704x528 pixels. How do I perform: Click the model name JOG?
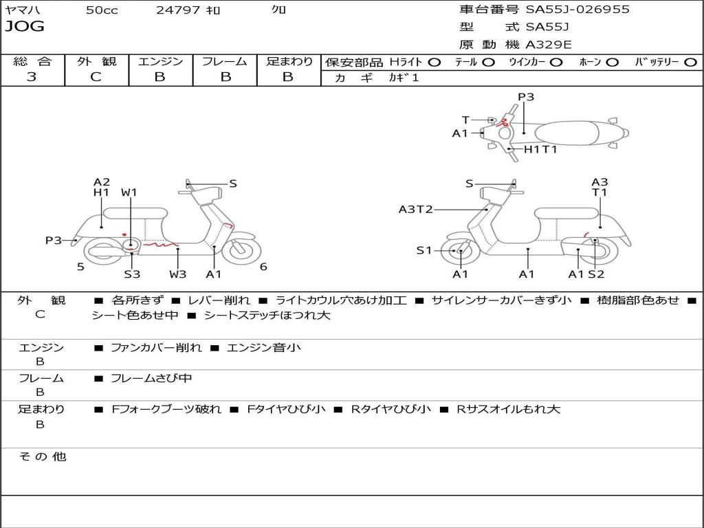coord(25,27)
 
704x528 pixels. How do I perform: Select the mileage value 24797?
coord(178,10)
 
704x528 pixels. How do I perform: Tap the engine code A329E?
coord(548,45)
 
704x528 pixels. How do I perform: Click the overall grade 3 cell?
coord(32,77)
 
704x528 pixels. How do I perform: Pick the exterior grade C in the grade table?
coord(96,77)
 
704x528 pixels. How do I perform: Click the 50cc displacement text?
coord(102,10)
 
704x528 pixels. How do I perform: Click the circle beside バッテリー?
coord(691,63)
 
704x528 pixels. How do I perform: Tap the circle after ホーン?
coord(613,63)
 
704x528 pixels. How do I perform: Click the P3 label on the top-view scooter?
coord(526,97)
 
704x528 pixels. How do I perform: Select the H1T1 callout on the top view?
coord(540,149)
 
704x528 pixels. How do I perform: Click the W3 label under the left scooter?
coord(178,274)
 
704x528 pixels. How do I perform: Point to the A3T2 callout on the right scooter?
coord(415,209)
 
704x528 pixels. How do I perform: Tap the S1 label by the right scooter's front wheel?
coord(424,250)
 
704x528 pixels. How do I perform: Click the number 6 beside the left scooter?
coord(263,267)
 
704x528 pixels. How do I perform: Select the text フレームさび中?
coord(151,378)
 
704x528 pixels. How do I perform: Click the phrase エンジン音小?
coord(263,348)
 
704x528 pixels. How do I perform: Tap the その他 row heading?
coord(43,456)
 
